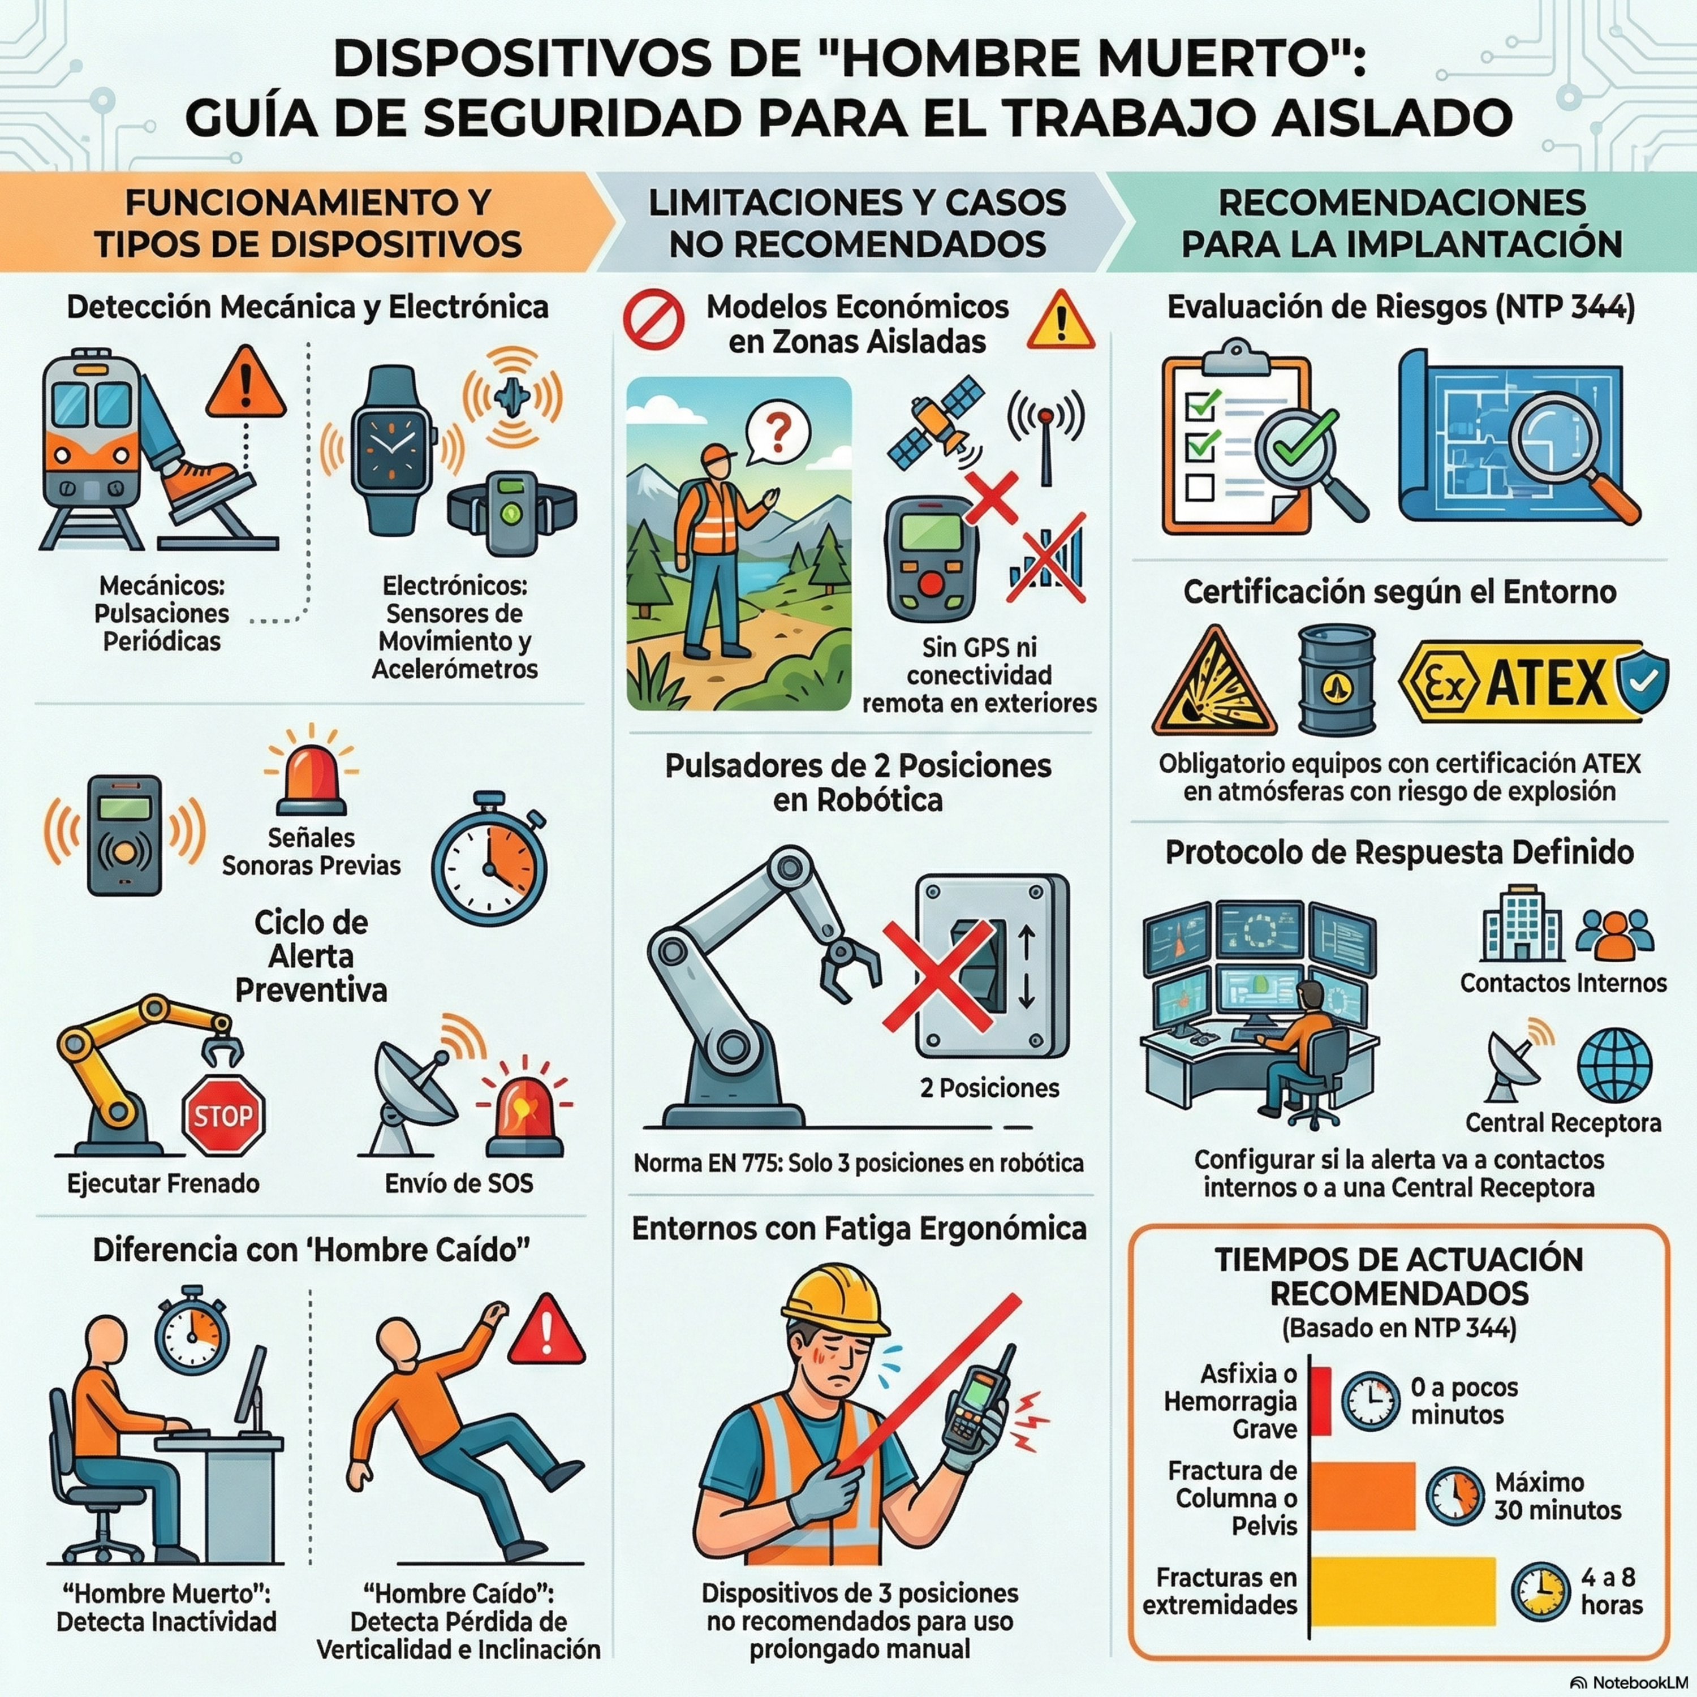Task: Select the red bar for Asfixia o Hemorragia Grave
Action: pos(1320,1400)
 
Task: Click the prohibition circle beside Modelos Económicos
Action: pos(653,318)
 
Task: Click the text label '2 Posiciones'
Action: pos(989,1088)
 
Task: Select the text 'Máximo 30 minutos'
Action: pos(1557,1496)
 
